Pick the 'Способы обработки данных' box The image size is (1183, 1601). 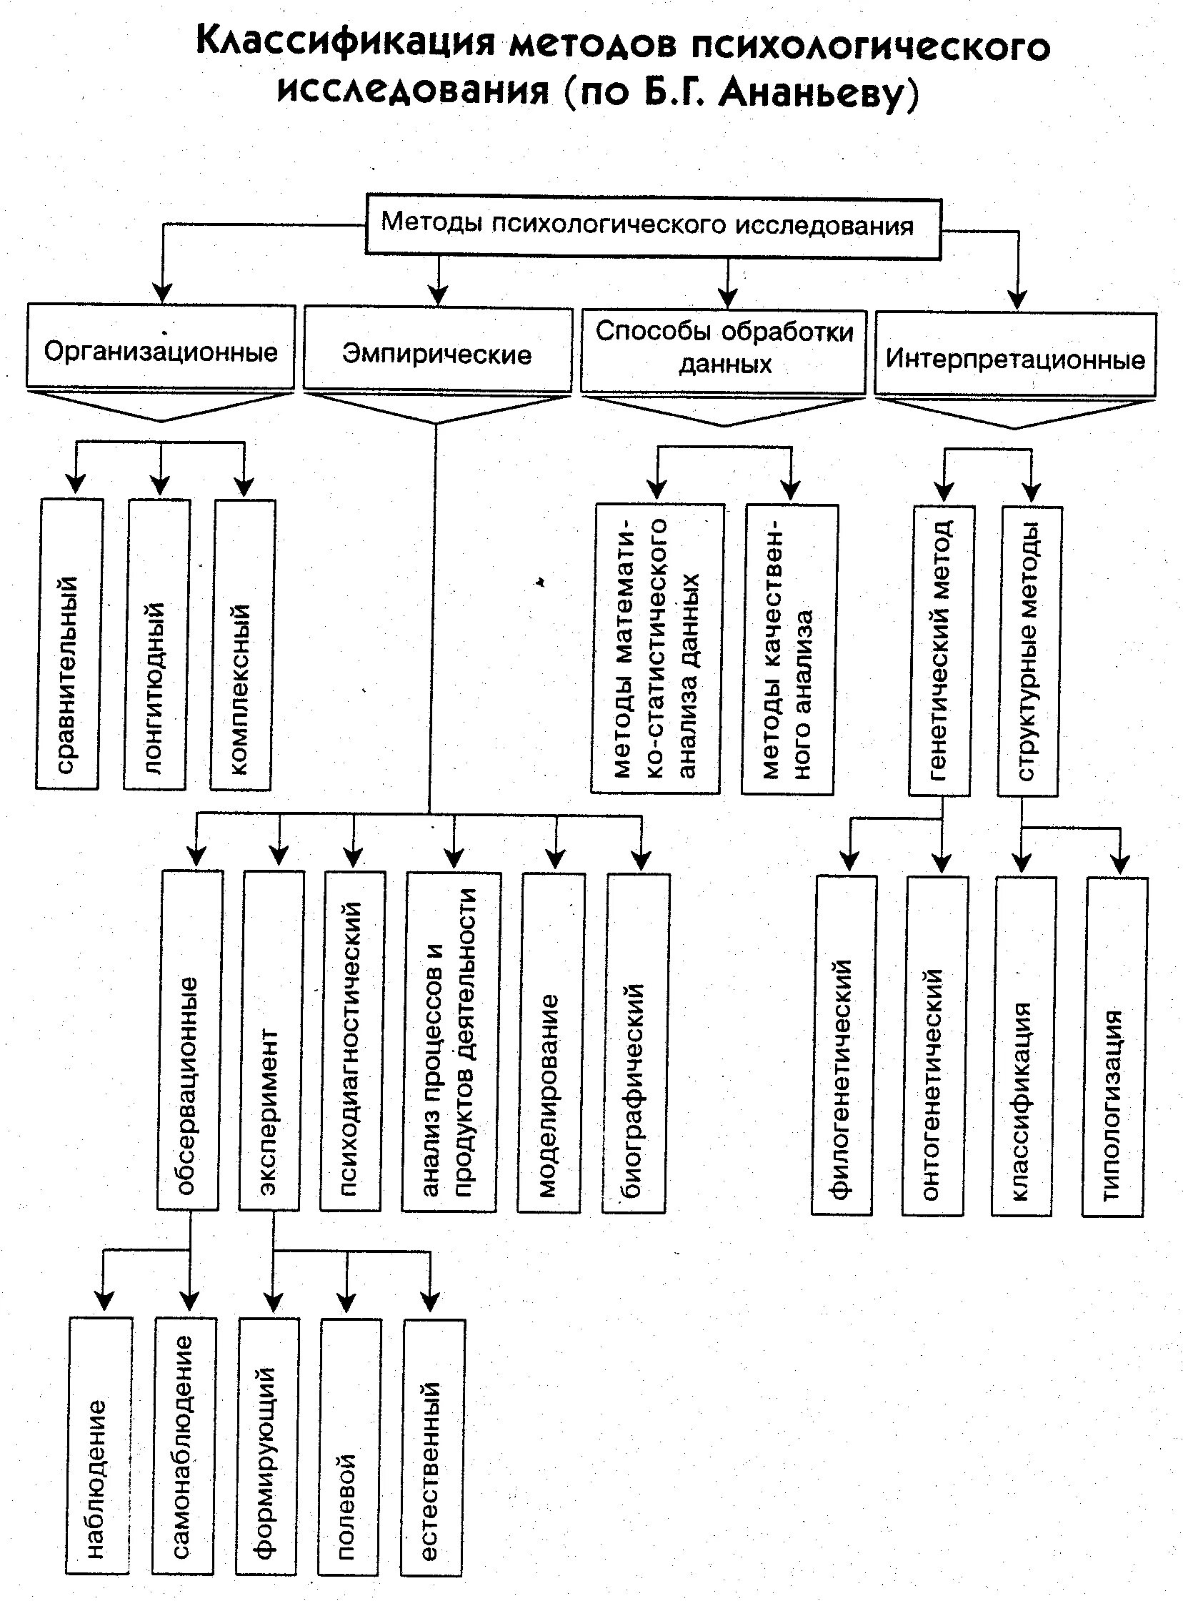pos(724,349)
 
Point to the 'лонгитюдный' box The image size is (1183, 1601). pos(157,645)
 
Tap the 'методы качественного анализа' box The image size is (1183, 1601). pos(789,650)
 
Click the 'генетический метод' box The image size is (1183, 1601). pos(941,650)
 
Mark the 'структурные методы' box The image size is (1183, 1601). pos(1029,650)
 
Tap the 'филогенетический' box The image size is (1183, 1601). pos(844,1044)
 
